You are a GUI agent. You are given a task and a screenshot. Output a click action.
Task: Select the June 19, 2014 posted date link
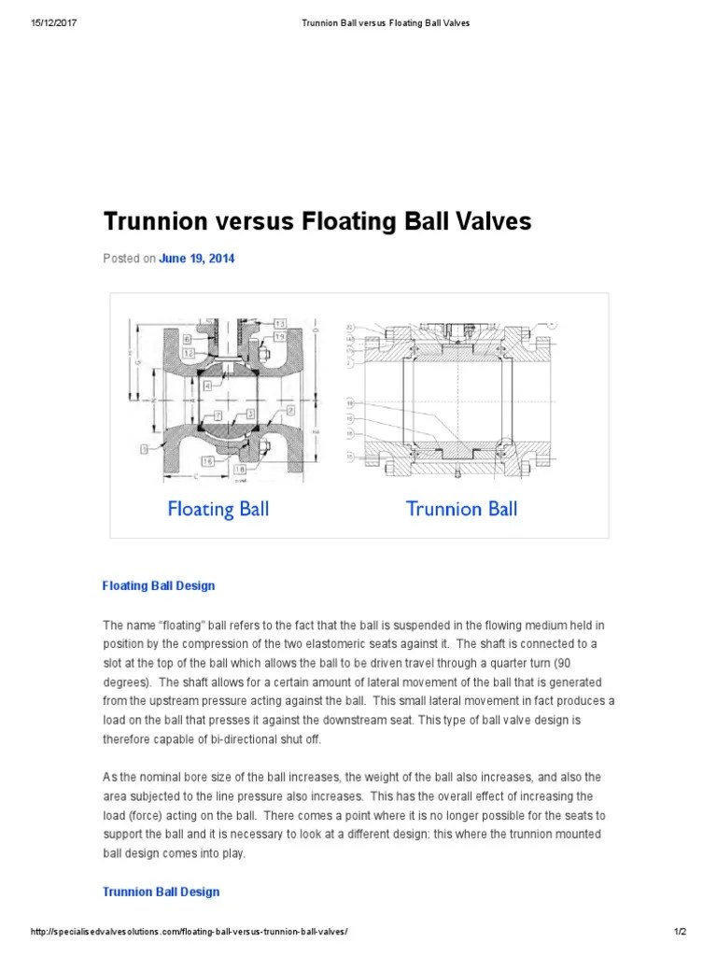(x=196, y=259)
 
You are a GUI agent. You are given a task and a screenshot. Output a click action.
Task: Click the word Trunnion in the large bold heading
(x=152, y=221)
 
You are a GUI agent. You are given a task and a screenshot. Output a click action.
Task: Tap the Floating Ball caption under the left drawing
(x=218, y=509)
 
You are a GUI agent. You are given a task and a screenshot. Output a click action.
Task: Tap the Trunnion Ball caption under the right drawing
(x=461, y=509)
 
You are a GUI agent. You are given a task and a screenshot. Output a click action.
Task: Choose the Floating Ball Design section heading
(x=159, y=586)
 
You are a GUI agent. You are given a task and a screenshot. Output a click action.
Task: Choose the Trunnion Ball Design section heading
(x=161, y=892)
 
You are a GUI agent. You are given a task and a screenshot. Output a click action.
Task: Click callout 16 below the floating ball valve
(x=207, y=460)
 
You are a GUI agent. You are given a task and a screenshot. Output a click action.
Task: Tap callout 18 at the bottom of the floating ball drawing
(x=241, y=470)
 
